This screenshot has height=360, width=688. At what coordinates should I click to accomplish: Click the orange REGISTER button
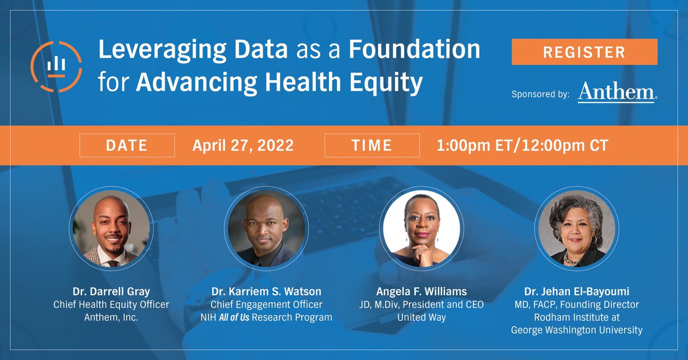pyautogui.click(x=584, y=52)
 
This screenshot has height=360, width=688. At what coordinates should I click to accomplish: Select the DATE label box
pyautogui.click(x=127, y=146)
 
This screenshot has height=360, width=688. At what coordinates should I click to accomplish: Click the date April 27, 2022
pyautogui.click(x=243, y=146)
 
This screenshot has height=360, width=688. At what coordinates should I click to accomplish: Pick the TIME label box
pyautogui.click(x=372, y=146)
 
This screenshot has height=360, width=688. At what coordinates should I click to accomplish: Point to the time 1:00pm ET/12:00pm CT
pyautogui.click(x=522, y=146)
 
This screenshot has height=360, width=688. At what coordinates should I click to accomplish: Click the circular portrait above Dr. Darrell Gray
pyautogui.click(x=111, y=229)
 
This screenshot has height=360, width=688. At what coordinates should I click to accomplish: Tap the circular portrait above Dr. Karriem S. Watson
pyautogui.click(x=266, y=229)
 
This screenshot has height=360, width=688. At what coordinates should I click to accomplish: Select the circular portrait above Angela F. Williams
pyautogui.click(x=421, y=229)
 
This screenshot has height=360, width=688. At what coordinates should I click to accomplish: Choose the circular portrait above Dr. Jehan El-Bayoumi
pyautogui.click(x=577, y=229)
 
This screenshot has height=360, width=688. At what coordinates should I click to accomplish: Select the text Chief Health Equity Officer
pyautogui.click(x=111, y=305)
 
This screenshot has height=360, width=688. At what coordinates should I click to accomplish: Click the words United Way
pyautogui.click(x=421, y=317)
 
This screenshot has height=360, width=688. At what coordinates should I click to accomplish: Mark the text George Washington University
pyautogui.click(x=577, y=330)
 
